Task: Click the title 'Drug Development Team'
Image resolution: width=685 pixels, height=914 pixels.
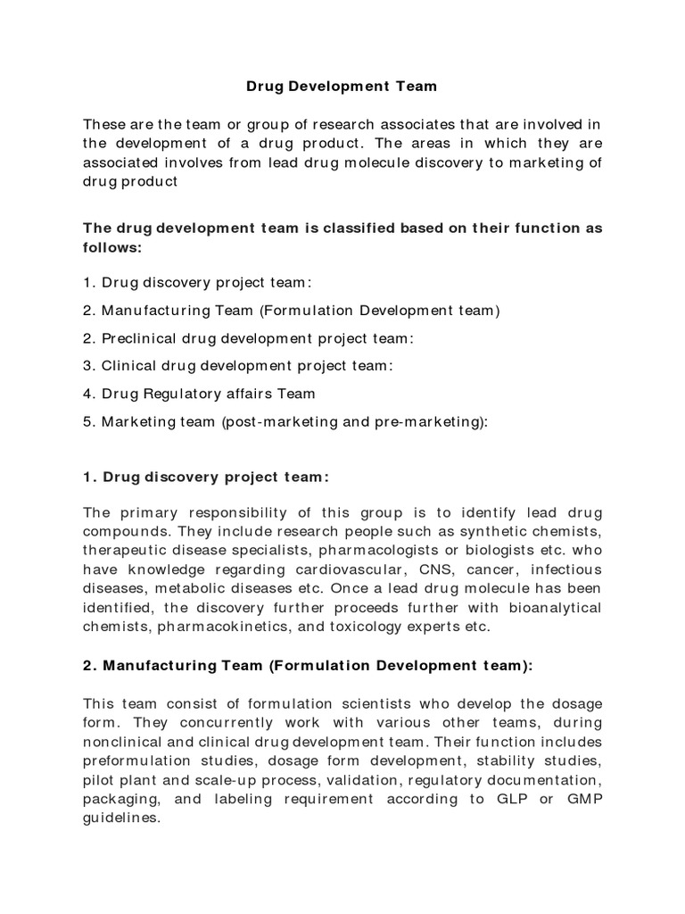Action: pyautogui.click(x=342, y=87)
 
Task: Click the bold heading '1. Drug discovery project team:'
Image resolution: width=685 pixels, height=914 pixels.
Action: pyautogui.click(x=206, y=477)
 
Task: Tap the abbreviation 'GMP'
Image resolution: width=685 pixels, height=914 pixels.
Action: pyautogui.click(x=584, y=798)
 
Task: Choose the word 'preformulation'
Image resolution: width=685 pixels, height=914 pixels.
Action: pyautogui.click(x=135, y=760)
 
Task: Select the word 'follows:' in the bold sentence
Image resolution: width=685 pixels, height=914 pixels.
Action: pyautogui.click(x=112, y=247)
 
